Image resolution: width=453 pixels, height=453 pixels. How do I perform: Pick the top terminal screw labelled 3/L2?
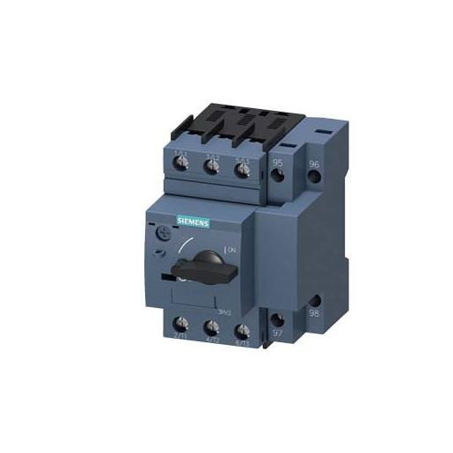click(212, 171)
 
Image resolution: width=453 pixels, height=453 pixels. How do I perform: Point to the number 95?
click(278, 164)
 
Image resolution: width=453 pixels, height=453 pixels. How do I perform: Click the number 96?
click(313, 164)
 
